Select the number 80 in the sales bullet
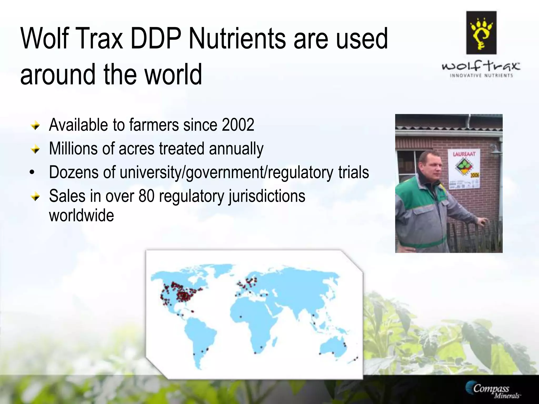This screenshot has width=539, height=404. click(146, 196)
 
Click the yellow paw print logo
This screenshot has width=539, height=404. click(481, 33)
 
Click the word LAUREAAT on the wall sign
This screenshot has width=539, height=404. click(464, 154)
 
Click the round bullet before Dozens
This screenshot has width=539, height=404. click(32, 173)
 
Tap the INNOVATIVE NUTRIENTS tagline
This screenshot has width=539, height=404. click(481, 75)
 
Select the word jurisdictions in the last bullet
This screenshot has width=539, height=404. click(267, 196)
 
